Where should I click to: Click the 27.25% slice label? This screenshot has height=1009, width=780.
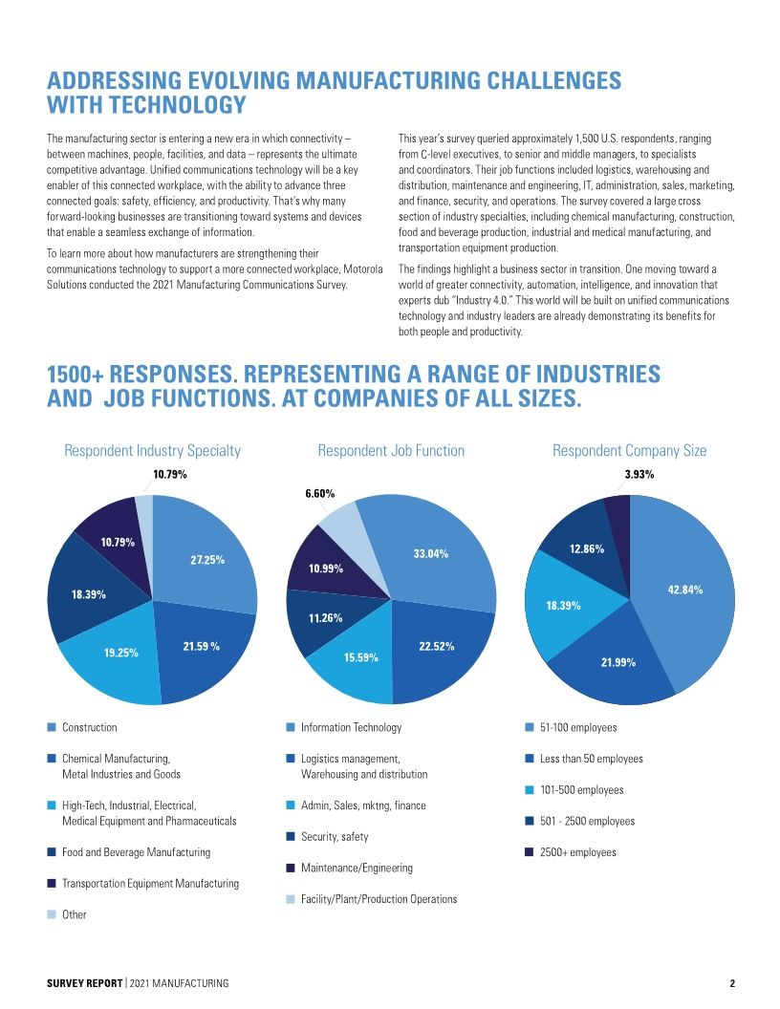click(206, 560)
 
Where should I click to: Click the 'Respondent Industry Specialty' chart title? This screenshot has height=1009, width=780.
click(152, 450)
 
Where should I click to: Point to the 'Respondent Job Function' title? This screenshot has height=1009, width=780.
click(391, 450)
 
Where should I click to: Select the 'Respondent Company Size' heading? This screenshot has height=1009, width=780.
click(629, 450)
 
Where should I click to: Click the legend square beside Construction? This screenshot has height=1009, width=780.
click(53, 728)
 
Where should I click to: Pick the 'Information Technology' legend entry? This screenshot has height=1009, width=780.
click(351, 728)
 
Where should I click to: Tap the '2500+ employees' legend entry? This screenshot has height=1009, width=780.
click(577, 852)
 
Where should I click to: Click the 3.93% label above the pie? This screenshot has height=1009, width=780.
click(639, 474)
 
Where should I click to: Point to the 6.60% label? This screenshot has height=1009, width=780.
click(319, 494)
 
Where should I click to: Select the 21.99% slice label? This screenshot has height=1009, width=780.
click(618, 662)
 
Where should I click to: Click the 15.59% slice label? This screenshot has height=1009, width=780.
click(361, 657)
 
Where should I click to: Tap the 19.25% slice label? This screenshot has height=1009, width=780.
click(121, 653)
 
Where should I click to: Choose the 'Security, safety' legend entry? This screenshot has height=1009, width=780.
click(335, 837)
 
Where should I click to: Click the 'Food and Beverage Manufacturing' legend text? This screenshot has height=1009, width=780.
click(136, 852)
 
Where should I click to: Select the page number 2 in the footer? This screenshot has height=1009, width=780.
click(731, 984)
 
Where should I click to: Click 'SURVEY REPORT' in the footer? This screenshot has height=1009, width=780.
click(84, 984)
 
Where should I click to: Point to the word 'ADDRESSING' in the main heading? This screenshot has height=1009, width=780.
click(118, 80)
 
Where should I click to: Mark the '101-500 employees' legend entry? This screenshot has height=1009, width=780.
click(581, 790)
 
